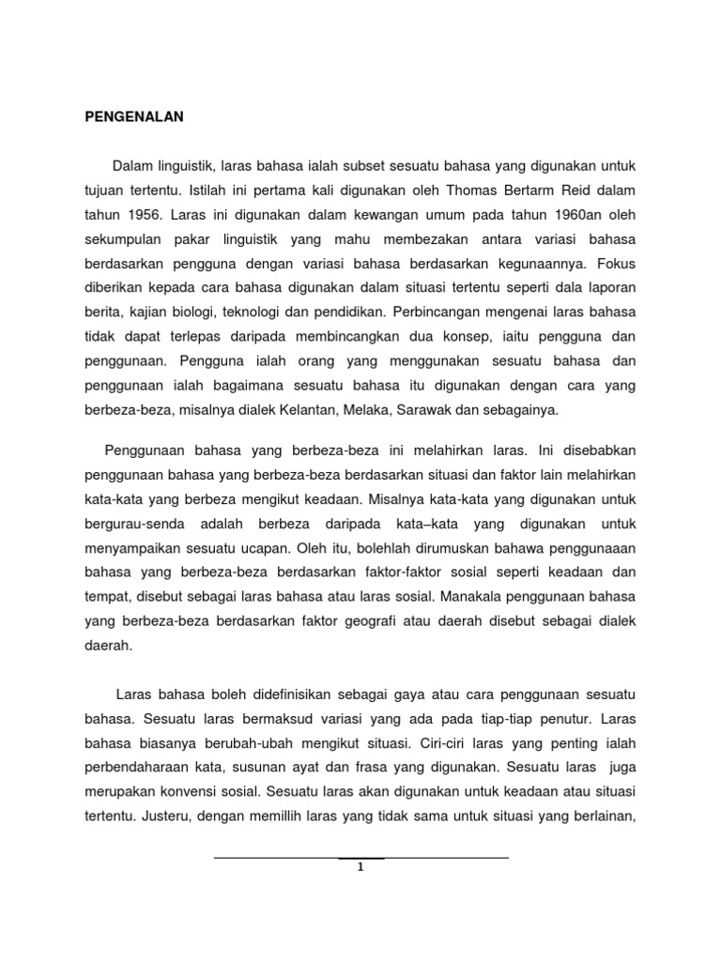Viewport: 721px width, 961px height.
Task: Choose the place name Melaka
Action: [371, 410]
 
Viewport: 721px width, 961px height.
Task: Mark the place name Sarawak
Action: [435, 410]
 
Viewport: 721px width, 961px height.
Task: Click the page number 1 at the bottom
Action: [360, 867]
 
